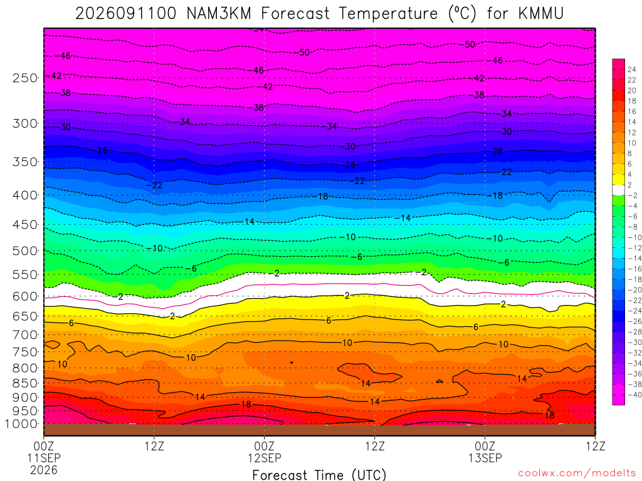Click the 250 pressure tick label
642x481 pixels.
click(25, 78)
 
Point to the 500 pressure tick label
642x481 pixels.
click(25, 251)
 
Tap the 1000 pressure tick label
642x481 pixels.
click(21, 424)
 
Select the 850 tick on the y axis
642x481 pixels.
click(25, 383)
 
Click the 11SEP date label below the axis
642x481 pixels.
click(44, 458)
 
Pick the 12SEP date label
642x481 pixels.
click(265, 458)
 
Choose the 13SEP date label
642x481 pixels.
click(485, 458)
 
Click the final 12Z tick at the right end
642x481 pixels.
click(596, 446)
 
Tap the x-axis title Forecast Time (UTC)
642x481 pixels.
click(319, 475)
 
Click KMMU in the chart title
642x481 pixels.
click(541, 14)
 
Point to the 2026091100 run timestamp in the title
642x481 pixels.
click(125, 14)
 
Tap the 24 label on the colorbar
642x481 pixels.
click(632, 70)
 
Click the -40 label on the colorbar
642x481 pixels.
click(633, 395)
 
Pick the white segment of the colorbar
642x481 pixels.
click(619, 190)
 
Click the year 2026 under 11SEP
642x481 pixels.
click(44, 470)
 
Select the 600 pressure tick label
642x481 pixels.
click(25, 296)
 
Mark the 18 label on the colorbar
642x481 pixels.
click(632, 101)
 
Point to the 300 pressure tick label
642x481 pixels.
click(25, 123)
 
